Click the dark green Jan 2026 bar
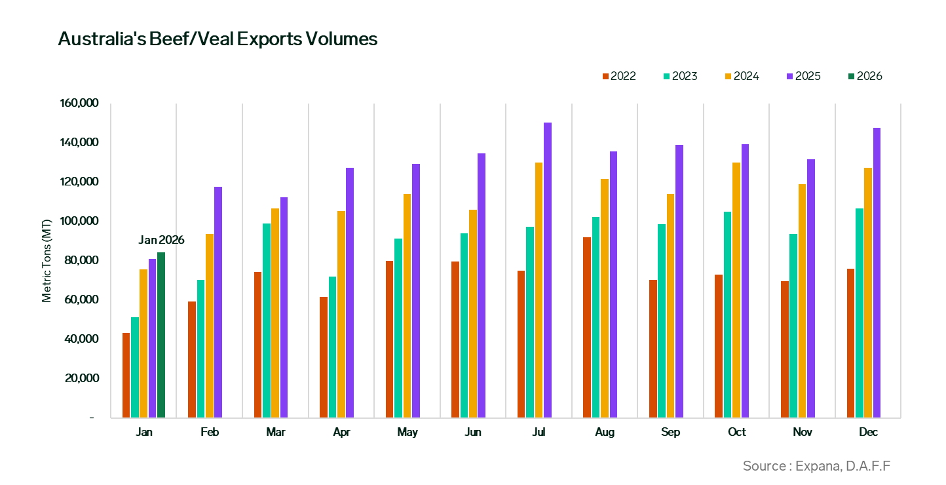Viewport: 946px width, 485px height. click(x=161, y=335)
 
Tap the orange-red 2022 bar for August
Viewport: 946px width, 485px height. click(x=587, y=327)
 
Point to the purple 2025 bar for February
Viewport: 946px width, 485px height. click(x=218, y=302)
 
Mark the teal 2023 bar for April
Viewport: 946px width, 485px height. click(x=333, y=347)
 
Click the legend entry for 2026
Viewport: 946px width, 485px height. click(x=864, y=76)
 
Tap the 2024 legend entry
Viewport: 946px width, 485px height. click(x=741, y=76)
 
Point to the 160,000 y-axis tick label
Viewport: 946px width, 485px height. click(x=79, y=104)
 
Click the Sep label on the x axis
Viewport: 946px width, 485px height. click(x=671, y=433)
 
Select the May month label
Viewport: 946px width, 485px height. click(x=407, y=433)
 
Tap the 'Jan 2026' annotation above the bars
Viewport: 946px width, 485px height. click(x=161, y=240)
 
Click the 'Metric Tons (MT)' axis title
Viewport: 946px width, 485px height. click(x=47, y=261)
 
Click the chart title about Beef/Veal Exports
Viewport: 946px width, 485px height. click(x=218, y=39)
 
